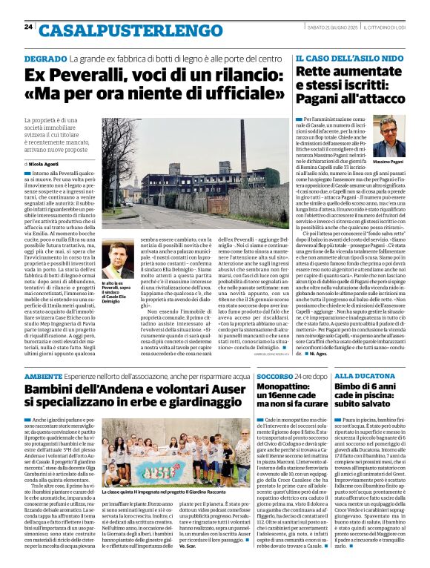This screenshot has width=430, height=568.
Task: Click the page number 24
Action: coord(28,27)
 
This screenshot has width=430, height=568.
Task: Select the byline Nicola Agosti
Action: coord(45,162)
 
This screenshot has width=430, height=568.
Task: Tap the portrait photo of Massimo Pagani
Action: coord(389,135)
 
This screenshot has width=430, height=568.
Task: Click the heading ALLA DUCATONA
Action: coord(362,377)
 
